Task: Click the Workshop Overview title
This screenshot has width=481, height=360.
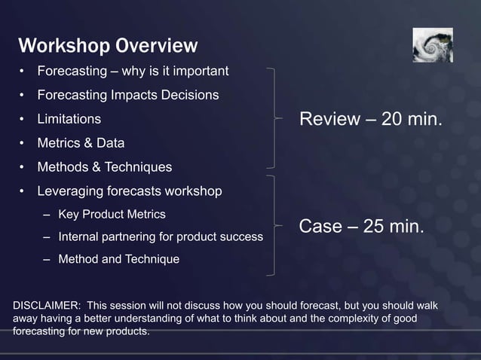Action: point(107,46)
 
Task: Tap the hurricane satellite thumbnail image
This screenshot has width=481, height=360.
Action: point(432,45)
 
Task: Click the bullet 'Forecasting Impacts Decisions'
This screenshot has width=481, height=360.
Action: point(128,96)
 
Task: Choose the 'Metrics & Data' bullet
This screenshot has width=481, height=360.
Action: point(81,143)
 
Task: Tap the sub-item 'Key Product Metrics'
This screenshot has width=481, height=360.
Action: point(112,215)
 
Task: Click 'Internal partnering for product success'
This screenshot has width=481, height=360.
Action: point(161,237)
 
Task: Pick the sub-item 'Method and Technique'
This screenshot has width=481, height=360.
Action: point(118,260)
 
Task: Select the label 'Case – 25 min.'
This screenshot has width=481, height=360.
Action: point(362,227)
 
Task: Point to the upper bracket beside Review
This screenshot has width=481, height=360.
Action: point(277,117)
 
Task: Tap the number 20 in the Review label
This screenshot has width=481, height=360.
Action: point(391,120)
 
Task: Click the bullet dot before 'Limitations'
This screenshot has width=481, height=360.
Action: point(23,120)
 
